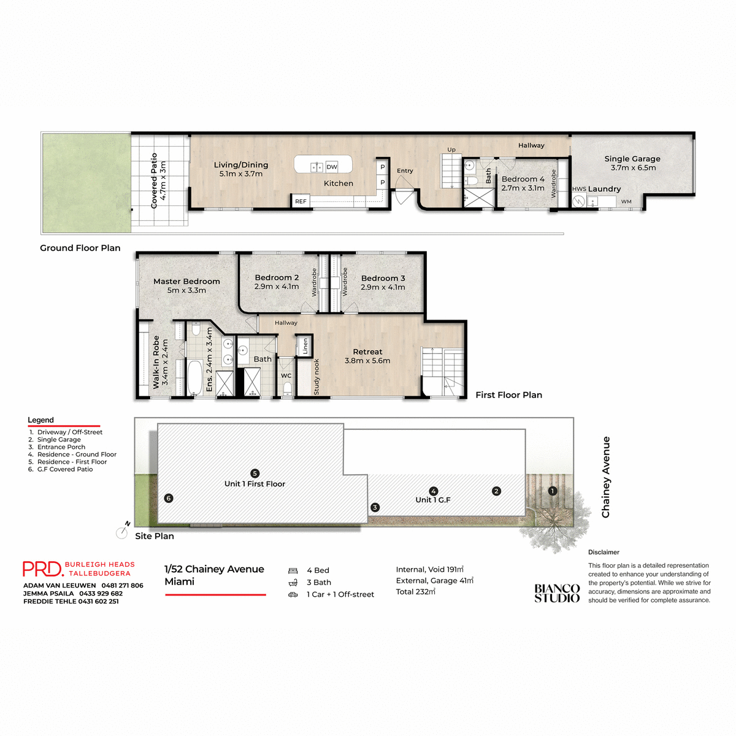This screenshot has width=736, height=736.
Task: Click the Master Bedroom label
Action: [x=186, y=282]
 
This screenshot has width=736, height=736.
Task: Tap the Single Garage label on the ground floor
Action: [x=632, y=158]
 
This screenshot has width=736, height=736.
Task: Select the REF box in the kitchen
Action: [x=301, y=201]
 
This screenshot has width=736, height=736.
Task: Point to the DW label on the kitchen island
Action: [x=332, y=167]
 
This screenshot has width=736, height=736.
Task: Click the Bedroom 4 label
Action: [x=523, y=179]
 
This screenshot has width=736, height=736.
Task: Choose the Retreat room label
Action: [x=367, y=352]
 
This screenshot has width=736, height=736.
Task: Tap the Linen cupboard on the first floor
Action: [x=305, y=346]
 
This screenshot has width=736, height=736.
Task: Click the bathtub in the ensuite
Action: [x=194, y=377]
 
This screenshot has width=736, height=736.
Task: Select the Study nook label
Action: [x=316, y=377]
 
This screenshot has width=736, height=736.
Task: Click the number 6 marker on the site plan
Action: [x=169, y=498]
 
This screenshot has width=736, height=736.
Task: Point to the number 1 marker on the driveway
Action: [x=552, y=491]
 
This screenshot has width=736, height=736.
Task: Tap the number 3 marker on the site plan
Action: [x=375, y=507]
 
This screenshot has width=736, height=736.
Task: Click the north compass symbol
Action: [x=122, y=532]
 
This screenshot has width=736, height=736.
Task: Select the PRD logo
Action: [x=42, y=569]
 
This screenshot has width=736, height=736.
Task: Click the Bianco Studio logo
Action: [x=557, y=593]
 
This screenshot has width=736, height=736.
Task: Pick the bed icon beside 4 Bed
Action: [x=293, y=570]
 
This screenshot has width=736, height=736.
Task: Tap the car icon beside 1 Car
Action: [x=293, y=594]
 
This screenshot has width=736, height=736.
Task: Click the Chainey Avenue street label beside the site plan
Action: [x=606, y=477]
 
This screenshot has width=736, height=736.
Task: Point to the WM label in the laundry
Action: [x=626, y=201]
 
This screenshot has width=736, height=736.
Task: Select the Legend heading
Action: [x=40, y=420]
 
